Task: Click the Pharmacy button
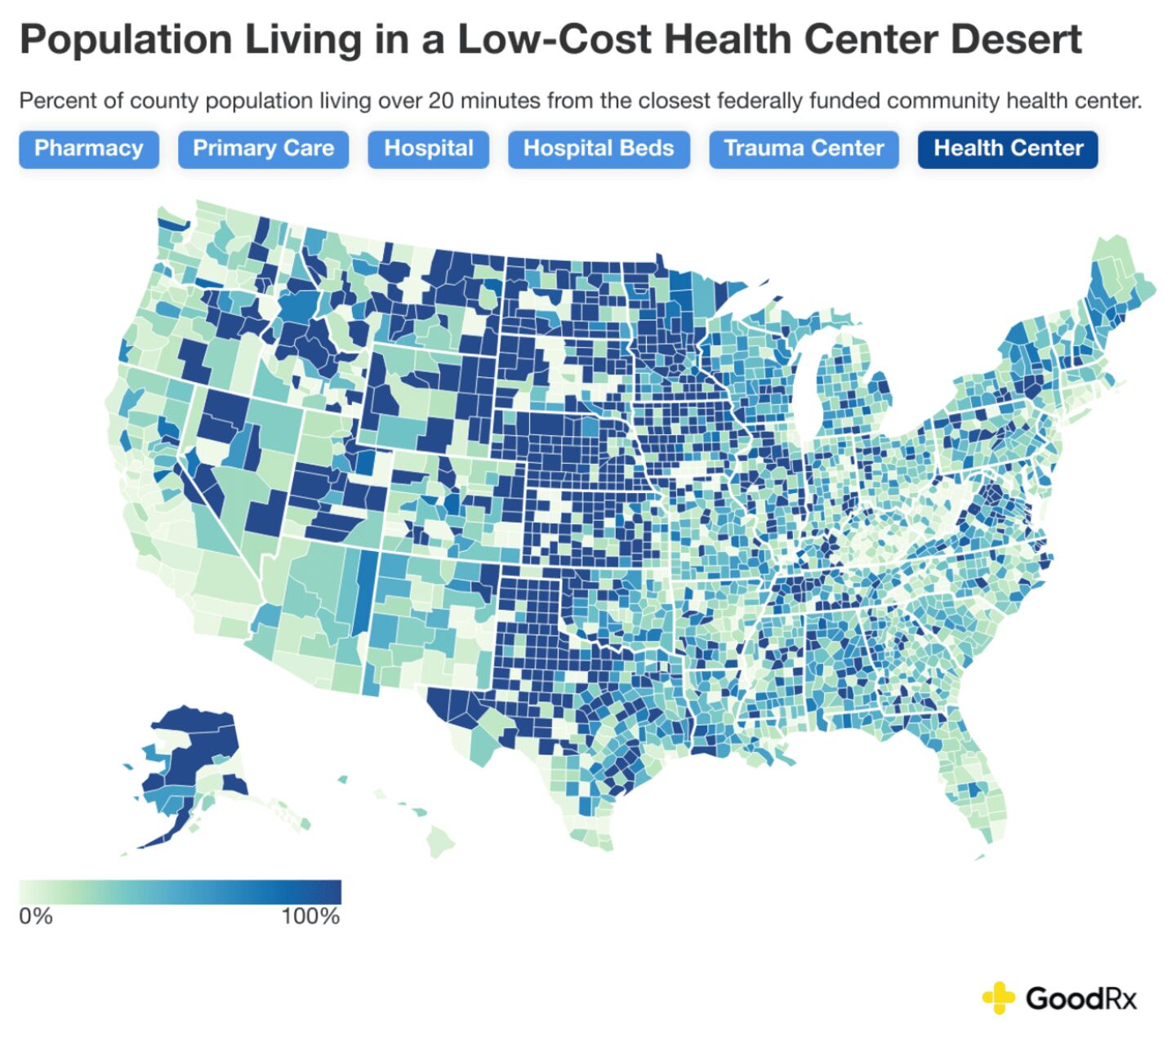(88, 149)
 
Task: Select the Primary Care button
(263, 149)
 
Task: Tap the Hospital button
(428, 149)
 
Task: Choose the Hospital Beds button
(598, 149)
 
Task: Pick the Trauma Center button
(804, 149)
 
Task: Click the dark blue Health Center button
(1008, 149)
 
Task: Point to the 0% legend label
(36, 916)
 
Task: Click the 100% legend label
(310, 916)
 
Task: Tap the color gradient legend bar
(180, 892)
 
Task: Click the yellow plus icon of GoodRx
(998, 997)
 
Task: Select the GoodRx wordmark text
(1080, 998)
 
